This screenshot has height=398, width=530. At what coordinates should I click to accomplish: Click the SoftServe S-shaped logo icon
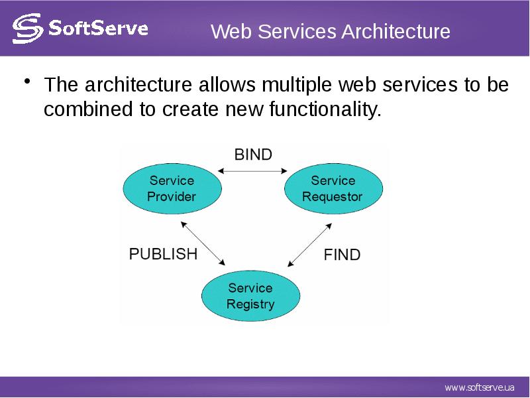pyautogui.click(x=28, y=29)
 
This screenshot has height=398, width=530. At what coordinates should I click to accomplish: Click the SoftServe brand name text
pyautogui.click(x=98, y=28)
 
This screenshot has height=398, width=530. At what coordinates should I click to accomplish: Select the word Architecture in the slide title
pyautogui.click(x=396, y=31)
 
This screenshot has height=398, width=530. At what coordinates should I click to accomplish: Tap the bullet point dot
pyautogui.click(x=27, y=82)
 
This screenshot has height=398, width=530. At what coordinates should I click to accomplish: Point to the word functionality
pyautogui.click(x=325, y=109)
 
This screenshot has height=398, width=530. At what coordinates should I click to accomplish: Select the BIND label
pyautogui.click(x=253, y=155)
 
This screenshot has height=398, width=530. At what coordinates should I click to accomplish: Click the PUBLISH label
pyautogui.click(x=163, y=254)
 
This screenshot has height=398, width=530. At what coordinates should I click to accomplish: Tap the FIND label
pyautogui.click(x=342, y=255)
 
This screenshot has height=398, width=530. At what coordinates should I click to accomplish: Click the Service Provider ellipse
pyautogui.click(x=172, y=188)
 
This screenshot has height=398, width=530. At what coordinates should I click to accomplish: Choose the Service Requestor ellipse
pyautogui.click(x=334, y=188)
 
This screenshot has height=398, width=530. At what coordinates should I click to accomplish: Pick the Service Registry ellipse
pyautogui.click(x=251, y=296)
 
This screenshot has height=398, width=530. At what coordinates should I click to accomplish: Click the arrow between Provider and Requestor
pyautogui.click(x=252, y=171)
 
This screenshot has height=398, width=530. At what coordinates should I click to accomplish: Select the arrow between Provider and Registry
pyautogui.click(x=203, y=243)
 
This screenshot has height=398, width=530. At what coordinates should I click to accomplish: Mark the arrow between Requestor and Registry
pyautogui.click(x=309, y=245)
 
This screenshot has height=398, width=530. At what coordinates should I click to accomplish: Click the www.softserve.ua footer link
pyautogui.click(x=480, y=387)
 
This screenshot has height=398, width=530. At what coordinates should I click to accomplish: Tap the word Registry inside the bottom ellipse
pyautogui.click(x=250, y=304)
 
